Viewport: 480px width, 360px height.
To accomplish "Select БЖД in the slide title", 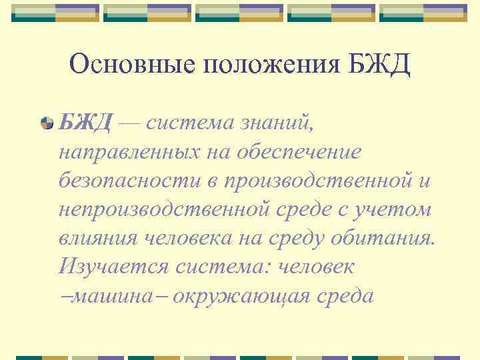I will coord(380,65).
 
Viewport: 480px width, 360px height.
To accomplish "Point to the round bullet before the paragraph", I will coord(65,123).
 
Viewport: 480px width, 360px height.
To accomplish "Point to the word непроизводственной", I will coord(162,209).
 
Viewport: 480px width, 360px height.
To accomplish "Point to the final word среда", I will coord(344,295).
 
